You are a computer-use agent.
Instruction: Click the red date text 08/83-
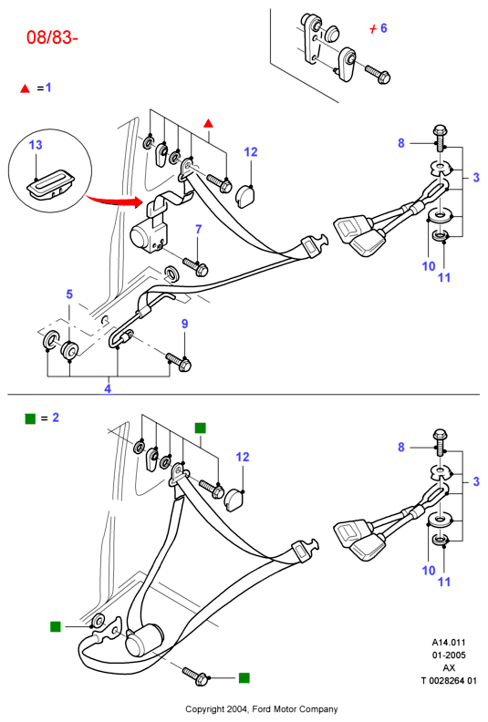click(52, 37)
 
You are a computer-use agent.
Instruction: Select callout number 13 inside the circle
click(36, 145)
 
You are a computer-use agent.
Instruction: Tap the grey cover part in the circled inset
click(48, 185)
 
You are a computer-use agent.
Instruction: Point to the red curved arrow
click(113, 201)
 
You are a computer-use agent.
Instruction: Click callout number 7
click(199, 229)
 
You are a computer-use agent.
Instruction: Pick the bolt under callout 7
click(195, 265)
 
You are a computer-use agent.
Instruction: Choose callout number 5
click(69, 294)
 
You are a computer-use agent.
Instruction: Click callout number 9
click(185, 324)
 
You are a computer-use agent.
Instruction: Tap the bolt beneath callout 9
click(179, 362)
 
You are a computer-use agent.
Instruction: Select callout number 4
click(108, 388)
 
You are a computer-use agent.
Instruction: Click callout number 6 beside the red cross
click(383, 28)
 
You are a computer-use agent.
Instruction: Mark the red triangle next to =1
click(25, 88)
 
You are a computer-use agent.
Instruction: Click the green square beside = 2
click(30, 418)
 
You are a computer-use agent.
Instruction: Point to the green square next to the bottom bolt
click(244, 678)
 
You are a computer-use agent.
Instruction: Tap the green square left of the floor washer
click(56, 626)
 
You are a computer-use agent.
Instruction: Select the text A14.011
click(449, 642)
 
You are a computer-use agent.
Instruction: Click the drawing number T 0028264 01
click(449, 681)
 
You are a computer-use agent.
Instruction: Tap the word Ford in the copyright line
click(262, 709)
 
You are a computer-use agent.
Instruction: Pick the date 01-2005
click(449, 655)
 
